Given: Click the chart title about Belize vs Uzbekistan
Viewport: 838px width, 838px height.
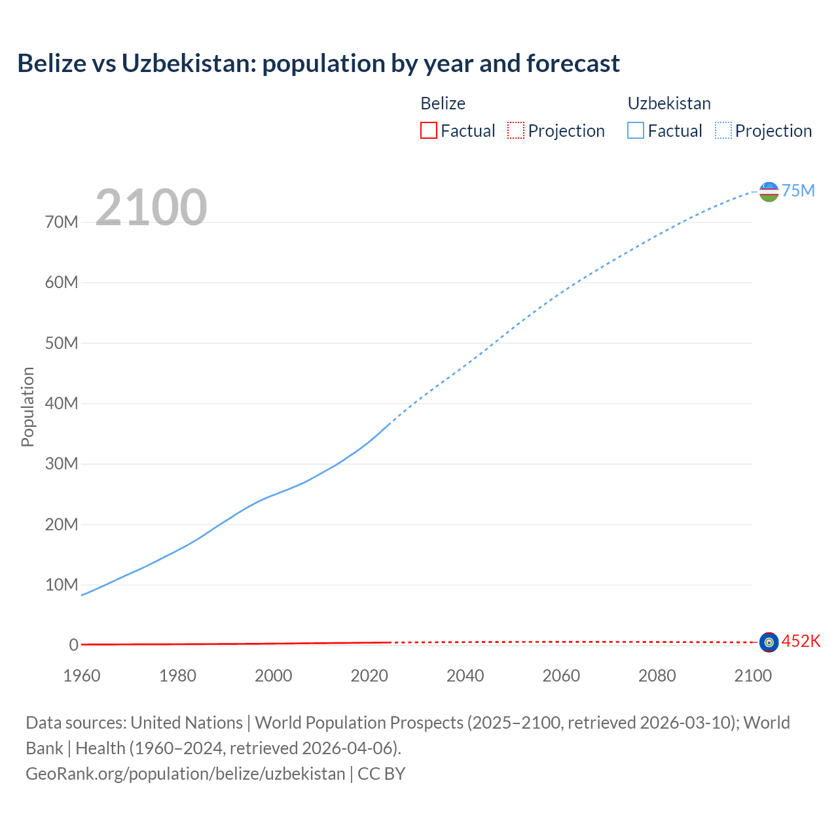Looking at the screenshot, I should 318,64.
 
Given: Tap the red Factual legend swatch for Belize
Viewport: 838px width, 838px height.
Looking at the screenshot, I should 428,130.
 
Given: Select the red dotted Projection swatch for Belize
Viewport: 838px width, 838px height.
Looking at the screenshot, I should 516,130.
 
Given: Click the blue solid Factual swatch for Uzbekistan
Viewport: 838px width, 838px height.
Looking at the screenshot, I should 636,130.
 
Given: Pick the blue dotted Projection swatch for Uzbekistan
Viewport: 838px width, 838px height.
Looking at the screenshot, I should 723,130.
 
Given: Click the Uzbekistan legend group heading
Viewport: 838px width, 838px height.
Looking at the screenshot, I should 669,103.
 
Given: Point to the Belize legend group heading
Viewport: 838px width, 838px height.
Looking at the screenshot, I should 443,103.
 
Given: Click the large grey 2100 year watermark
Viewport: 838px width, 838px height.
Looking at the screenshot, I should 151,208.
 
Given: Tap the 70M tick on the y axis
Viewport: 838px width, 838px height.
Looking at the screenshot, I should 62,223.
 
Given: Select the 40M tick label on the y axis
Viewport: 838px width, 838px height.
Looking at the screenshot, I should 62,404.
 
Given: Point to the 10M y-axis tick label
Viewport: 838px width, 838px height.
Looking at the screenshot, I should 62,585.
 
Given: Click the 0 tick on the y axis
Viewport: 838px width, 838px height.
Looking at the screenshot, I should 73,646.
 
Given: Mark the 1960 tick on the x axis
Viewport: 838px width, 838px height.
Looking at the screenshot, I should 82,676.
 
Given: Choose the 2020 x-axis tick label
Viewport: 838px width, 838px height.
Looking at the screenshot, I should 369,676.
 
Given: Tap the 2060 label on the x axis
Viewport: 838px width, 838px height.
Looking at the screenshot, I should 561,676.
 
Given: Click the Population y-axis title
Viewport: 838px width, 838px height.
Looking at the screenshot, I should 27,407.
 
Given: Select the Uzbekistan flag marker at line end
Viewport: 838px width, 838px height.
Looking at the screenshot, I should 769,192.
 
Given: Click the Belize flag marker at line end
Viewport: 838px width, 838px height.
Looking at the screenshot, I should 769,642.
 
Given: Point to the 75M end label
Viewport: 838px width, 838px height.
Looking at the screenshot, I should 798,191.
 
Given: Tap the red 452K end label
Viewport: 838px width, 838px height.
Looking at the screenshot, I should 801,641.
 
